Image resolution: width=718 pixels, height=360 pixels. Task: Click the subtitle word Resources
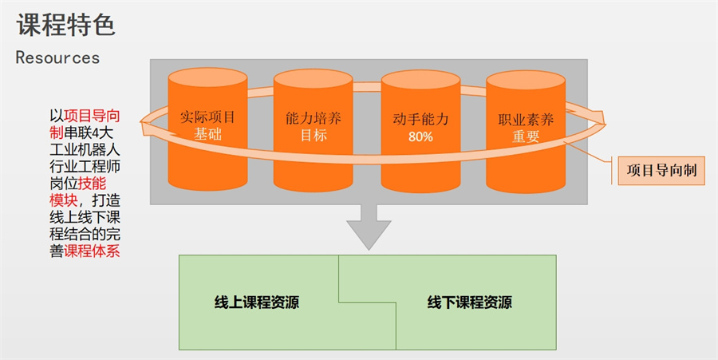pyautogui.click(x=57, y=58)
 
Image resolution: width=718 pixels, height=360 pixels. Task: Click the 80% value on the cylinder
pyautogui.click(x=420, y=136)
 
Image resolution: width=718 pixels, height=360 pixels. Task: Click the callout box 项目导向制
pyautogui.click(x=662, y=170)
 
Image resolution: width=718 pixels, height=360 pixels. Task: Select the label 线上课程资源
pyautogui.click(x=257, y=303)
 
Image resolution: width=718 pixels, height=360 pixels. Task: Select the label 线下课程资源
pyautogui.click(x=470, y=303)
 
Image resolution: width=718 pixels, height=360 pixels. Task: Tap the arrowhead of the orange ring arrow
pyautogui.click(x=598, y=120)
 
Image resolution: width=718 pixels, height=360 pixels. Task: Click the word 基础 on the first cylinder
pyautogui.click(x=207, y=136)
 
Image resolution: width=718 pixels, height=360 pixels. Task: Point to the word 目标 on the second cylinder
pyautogui.click(x=314, y=136)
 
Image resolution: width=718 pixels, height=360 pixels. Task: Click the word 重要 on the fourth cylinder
pyautogui.click(x=526, y=136)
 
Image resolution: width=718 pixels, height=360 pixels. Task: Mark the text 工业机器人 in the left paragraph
pyautogui.click(x=85, y=148)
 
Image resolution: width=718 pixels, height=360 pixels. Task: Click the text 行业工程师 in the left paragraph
pyautogui.click(x=85, y=166)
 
